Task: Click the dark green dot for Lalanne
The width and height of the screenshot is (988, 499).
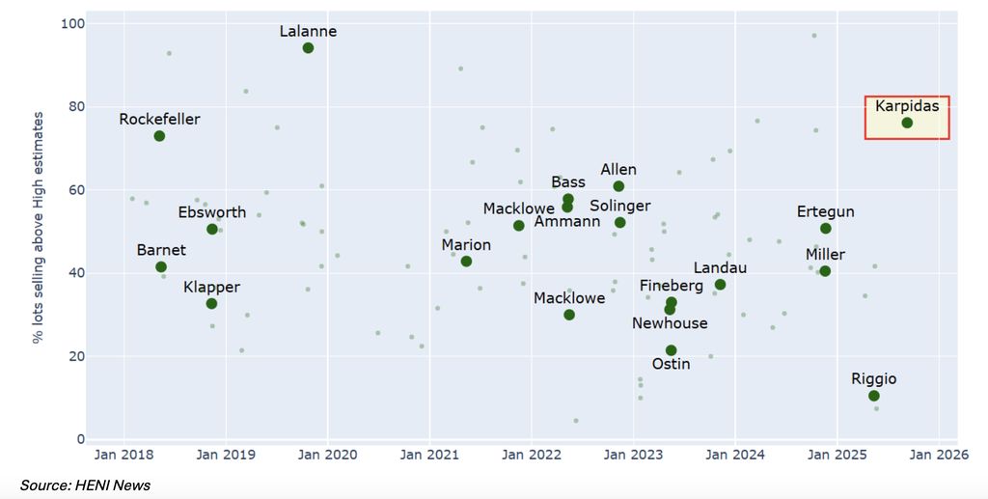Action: pyautogui.click(x=308, y=48)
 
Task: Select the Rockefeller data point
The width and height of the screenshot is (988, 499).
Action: pyautogui.click(x=159, y=136)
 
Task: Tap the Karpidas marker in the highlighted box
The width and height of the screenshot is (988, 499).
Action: pyautogui.click(x=907, y=123)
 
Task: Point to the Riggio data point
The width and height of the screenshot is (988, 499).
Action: pyautogui.click(x=874, y=396)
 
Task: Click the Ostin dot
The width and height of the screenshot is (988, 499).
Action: pyautogui.click(x=672, y=350)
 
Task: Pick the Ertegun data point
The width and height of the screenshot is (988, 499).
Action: pyautogui.click(x=826, y=229)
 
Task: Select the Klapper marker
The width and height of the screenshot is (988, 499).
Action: pyautogui.click(x=211, y=304)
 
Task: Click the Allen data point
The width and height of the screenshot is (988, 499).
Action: pyautogui.click(x=618, y=186)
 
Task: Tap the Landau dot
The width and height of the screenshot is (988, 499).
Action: pyautogui.click(x=720, y=285)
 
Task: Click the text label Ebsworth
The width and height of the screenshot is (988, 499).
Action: pyautogui.click(x=212, y=212)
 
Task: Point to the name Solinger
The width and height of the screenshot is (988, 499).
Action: pyautogui.click(x=619, y=207)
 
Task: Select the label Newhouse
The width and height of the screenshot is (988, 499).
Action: pyautogui.click(x=670, y=323)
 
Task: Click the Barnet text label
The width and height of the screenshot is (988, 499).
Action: pyautogui.click(x=161, y=250)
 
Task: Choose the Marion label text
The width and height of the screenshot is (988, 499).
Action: pyautogui.click(x=466, y=245)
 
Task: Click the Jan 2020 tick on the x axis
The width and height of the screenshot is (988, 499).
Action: pyautogui.click(x=327, y=455)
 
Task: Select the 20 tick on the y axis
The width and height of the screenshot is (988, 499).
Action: pyautogui.click(x=76, y=356)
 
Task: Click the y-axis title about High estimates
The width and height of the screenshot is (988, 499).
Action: pyautogui.click(x=39, y=228)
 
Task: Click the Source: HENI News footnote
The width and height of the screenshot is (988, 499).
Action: pyautogui.click(x=85, y=485)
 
